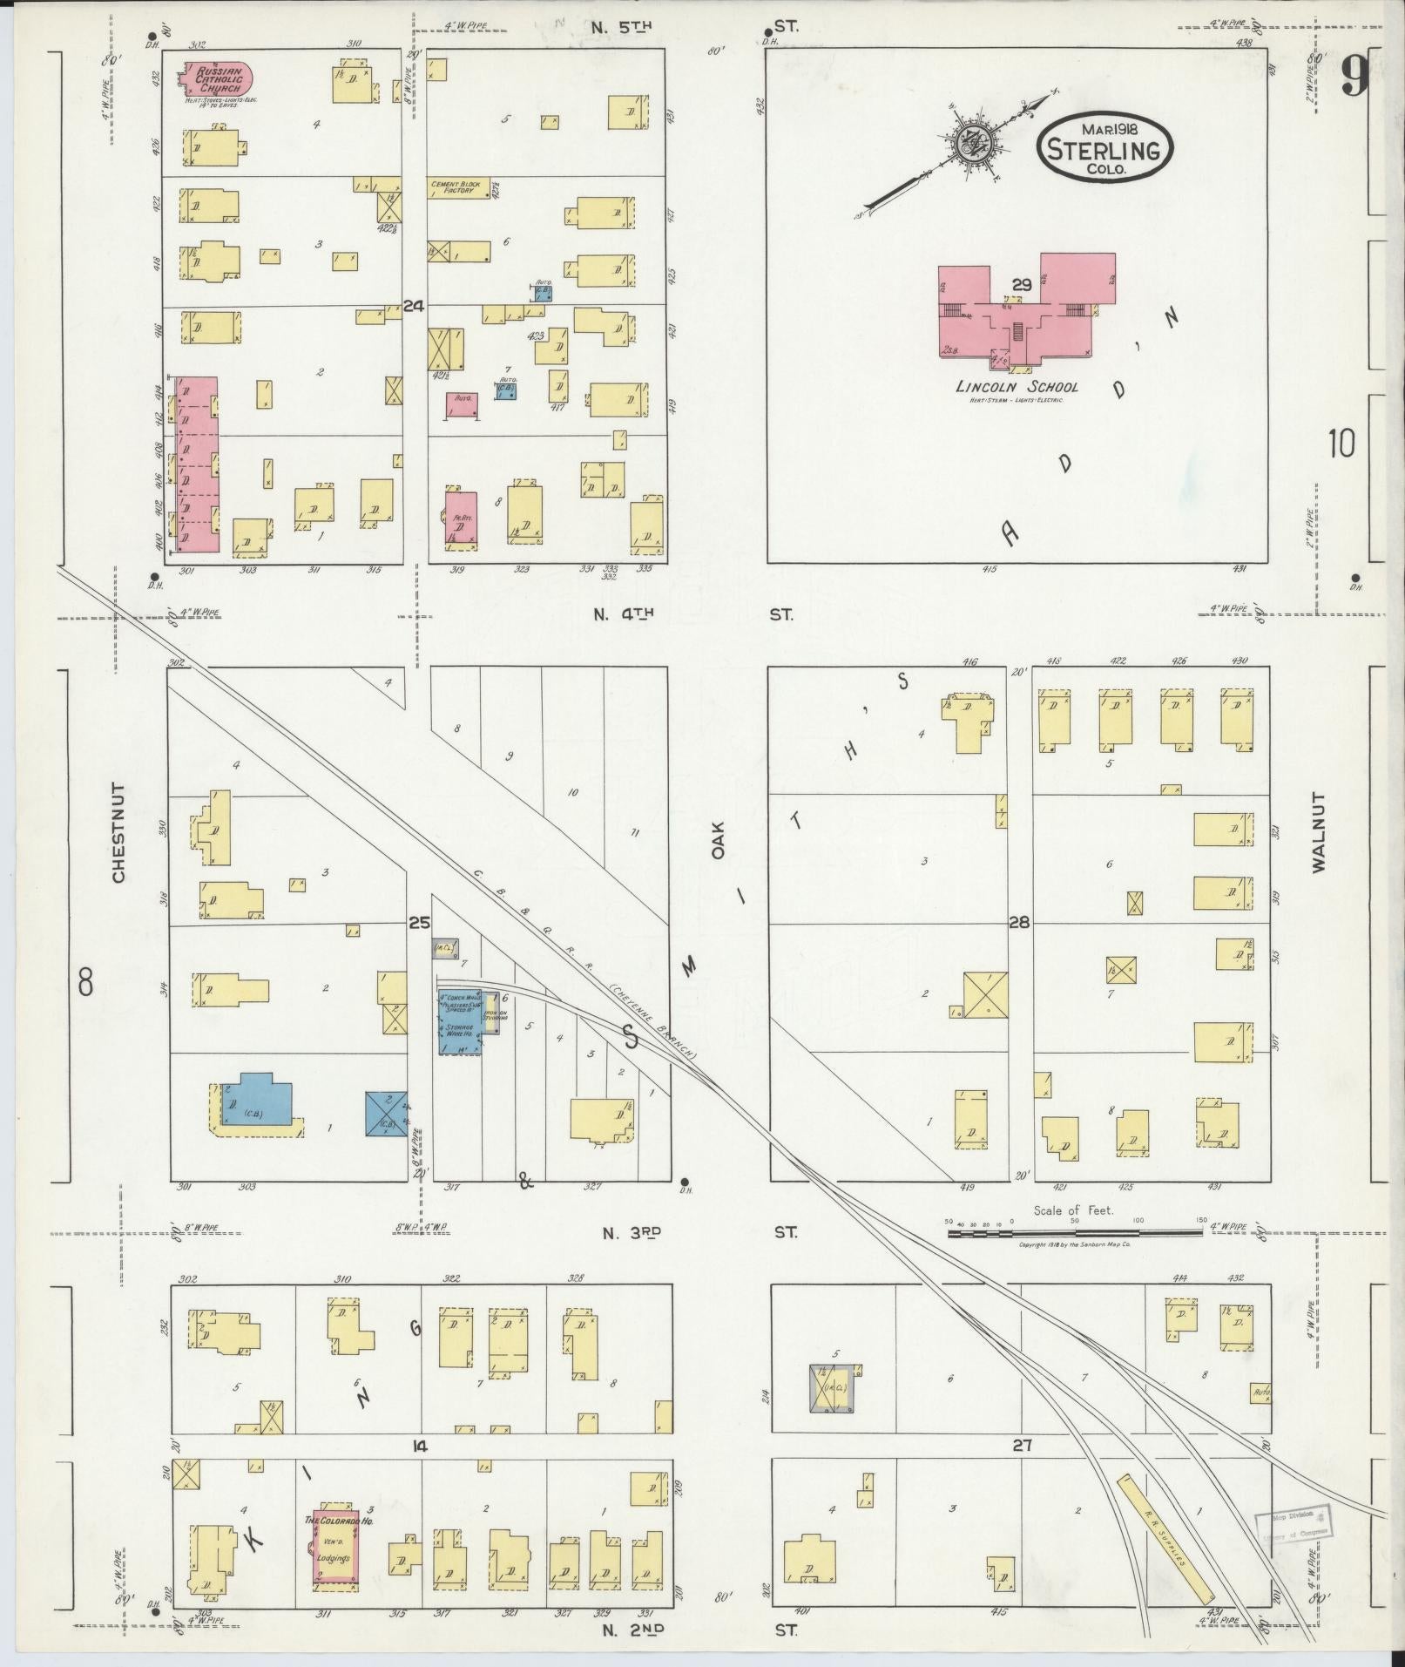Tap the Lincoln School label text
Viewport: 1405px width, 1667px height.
(x=1017, y=387)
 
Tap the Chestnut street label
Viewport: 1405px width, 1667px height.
(x=118, y=832)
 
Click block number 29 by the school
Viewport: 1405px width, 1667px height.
(x=1022, y=284)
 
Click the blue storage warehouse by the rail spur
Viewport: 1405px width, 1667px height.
(x=459, y=1021)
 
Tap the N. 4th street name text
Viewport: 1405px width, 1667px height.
(x=623, y=614)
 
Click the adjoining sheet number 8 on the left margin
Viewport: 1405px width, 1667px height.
(x=85, y=984)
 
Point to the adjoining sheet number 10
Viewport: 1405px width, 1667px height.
(x=1341, y=444)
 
